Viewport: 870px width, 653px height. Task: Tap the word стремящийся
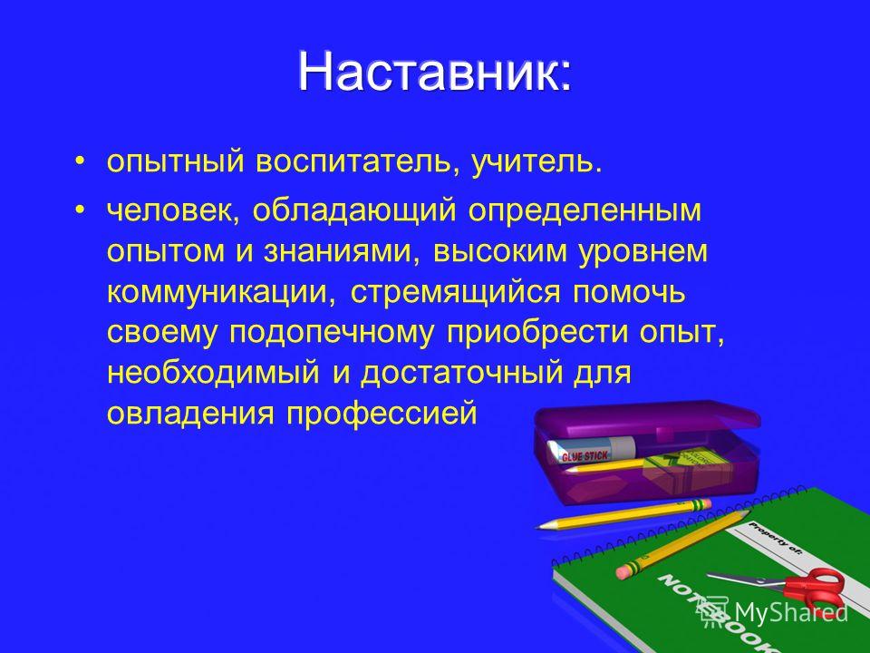[x=456, y=292]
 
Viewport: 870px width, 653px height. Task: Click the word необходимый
[x=213, y=373]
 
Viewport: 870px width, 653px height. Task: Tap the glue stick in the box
[x=590, y=451]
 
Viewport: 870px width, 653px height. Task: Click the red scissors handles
[x=816, y=588]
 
